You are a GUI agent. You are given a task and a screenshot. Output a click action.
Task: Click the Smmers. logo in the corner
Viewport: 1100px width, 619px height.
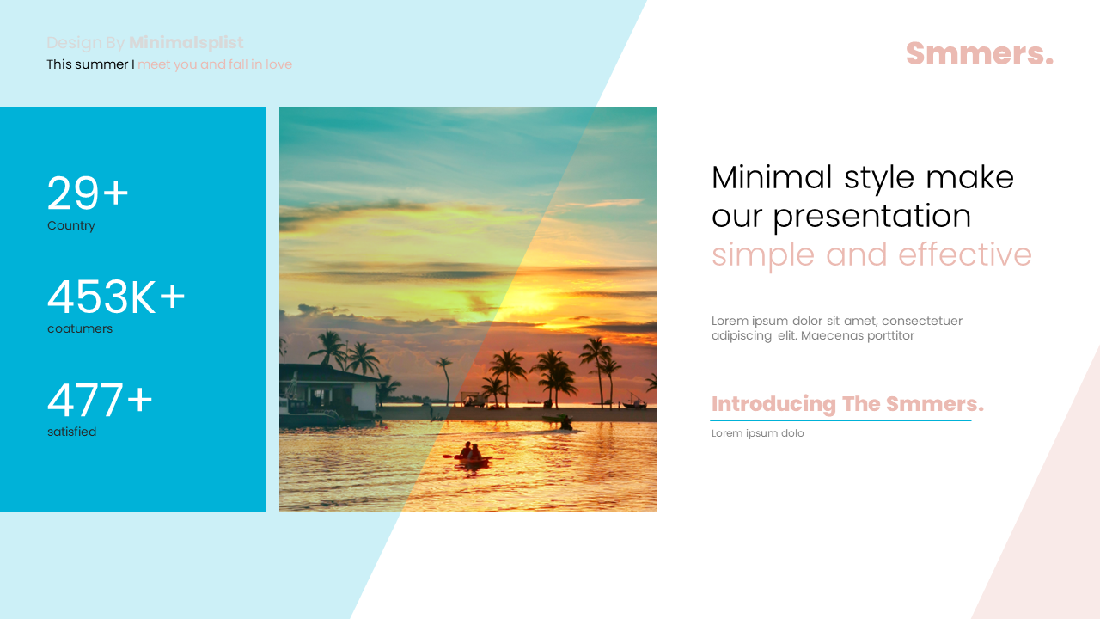979,53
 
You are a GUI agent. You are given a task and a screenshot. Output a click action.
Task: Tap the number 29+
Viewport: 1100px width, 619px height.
88,193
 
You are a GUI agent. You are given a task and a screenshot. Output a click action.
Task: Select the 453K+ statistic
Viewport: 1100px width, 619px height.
116,297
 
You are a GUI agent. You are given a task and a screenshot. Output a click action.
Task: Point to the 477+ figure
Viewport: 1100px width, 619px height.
100,401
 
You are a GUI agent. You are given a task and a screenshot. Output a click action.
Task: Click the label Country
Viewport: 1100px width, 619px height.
71,226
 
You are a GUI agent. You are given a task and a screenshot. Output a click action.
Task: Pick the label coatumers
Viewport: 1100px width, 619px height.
80,329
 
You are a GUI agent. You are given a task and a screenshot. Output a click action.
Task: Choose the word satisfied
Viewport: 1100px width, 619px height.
72,432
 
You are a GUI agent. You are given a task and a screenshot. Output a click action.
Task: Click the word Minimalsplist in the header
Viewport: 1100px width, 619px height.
186,43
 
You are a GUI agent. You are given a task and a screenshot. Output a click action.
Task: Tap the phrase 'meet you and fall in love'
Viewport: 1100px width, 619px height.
215,64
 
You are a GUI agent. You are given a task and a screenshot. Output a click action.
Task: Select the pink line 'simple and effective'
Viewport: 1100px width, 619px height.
871,255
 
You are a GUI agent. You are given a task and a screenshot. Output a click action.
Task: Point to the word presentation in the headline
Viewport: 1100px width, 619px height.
871,217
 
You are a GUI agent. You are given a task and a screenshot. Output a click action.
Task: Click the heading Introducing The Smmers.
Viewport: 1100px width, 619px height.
847,404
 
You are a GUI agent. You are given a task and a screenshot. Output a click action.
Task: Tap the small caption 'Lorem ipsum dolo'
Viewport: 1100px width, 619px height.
758,433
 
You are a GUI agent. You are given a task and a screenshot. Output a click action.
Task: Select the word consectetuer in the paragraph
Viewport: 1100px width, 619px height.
921,322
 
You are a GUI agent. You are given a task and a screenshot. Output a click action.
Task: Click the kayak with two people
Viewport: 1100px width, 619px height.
470,454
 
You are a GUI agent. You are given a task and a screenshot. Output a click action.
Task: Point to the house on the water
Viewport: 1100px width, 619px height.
331,391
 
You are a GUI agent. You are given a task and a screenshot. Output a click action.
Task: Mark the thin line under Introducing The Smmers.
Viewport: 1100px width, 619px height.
840,420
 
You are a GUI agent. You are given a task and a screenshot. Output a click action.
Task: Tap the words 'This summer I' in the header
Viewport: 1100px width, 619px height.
90,64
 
